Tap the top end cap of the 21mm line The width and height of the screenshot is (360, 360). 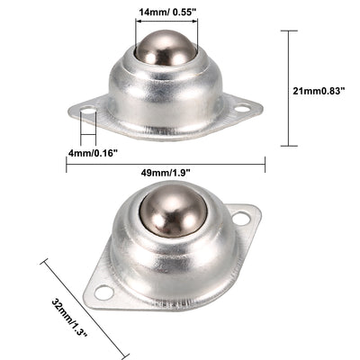click(x=287, y=31)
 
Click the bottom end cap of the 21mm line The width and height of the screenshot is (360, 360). click(x=287, y=145)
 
